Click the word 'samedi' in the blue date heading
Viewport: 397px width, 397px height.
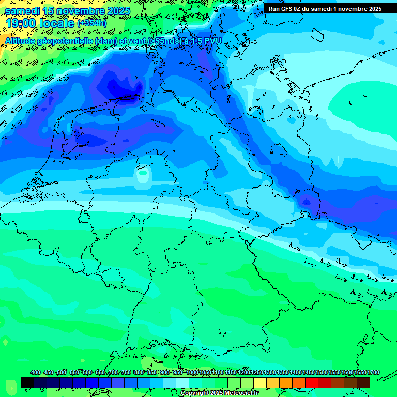click(22, 11)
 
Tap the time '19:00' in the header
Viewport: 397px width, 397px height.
click(21, 23)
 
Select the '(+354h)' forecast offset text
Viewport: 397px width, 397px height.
click(91, 23)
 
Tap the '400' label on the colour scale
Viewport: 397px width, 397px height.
click(36, 372)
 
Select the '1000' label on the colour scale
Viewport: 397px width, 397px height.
click(192, 372)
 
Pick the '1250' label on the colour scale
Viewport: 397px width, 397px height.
click(257, 372)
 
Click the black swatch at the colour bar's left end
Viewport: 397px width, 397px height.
click(27, 383)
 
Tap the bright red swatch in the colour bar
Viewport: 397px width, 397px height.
click(312, 383)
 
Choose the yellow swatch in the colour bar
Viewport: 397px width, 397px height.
click(260, 383)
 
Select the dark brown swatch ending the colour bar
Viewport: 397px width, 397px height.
click(363, 383)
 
